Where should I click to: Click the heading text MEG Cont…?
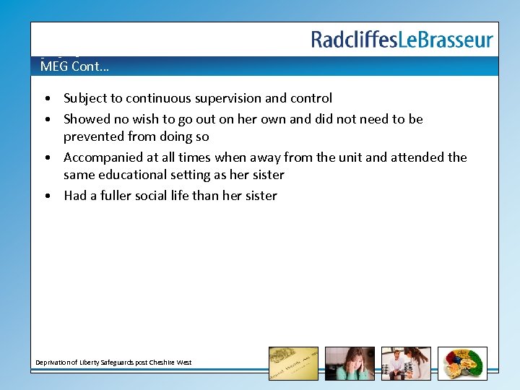(75, 67)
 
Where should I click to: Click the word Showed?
(86, 119)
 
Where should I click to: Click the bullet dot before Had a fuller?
(46, 196)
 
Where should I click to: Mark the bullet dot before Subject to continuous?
(46, 99)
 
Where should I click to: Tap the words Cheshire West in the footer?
(172, 362)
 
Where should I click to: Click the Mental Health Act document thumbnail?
(293, 363)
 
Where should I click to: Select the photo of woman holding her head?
(350, 363)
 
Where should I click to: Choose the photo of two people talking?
(406, 363)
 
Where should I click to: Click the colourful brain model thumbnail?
(462, 363)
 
